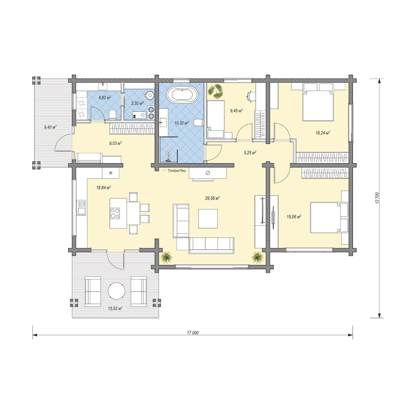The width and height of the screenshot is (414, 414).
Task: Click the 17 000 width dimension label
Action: [193, 333]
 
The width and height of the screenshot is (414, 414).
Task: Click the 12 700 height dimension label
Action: [377, 198]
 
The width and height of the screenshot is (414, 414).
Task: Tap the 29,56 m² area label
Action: [212, 198]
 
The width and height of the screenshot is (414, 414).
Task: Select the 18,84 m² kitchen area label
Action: [103, 188]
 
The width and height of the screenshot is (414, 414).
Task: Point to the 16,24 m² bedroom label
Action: [323, 133]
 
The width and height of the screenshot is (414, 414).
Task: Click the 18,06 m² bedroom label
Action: [294, 217]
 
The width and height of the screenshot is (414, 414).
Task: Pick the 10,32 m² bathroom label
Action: [181, 123]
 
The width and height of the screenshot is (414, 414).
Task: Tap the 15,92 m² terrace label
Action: [115, 308]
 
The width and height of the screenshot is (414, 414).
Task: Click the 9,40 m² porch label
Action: [50, 127]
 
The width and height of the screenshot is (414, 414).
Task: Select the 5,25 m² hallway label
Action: [250, 152]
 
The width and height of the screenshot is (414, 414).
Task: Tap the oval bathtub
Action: [182, 94]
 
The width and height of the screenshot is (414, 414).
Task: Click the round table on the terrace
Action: [116, 291]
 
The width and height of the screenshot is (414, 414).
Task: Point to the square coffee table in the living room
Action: [208, 219]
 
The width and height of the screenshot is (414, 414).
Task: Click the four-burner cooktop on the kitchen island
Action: [115, 213]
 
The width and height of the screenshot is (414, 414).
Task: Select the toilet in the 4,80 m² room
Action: [113, 115]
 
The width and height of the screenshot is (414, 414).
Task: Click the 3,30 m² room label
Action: [137, 103]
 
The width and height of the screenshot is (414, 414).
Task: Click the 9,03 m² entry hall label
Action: [116, 143]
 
